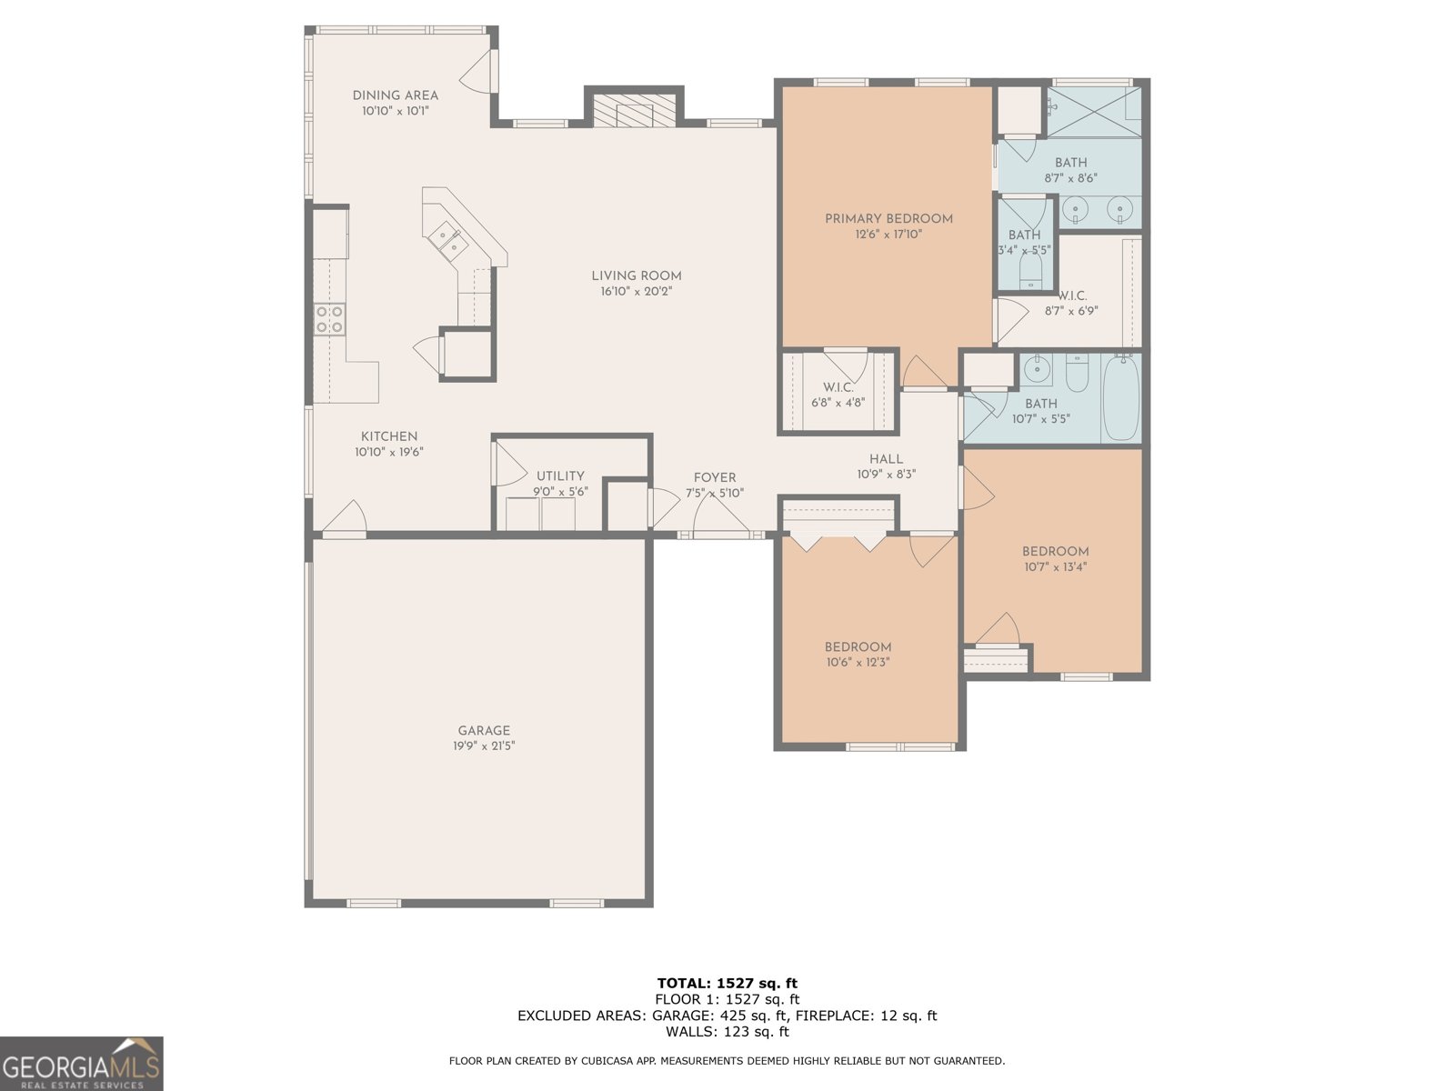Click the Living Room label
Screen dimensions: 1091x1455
click(x=636, y=275)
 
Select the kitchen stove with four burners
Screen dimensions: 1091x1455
click(x=329, y=319)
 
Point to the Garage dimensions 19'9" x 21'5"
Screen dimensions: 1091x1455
click(x=484, y=746)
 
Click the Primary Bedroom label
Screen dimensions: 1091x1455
click(x=888, y=218)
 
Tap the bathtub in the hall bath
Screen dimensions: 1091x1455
click(x=1120, y=397)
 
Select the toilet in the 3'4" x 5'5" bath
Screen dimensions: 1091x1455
click(x=1031, y=270)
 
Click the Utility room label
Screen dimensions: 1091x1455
click(x=560, y=475)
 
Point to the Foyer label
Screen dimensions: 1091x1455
click(x=715, y=477)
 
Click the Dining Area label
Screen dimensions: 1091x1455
click(x=395, y=95)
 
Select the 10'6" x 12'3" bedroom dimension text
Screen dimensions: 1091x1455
click(x=858, y=663)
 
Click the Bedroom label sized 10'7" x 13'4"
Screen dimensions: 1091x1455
click(x=1055, y=551)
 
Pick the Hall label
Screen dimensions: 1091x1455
click(x=886, y=459)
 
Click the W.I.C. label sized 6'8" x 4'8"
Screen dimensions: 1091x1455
click(x=838, y=386)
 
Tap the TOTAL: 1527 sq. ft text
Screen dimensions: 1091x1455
click(x=727, y=983)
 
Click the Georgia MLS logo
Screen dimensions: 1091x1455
click(x=81, y=1063)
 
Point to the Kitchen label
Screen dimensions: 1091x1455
click(x=389, y=436)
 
